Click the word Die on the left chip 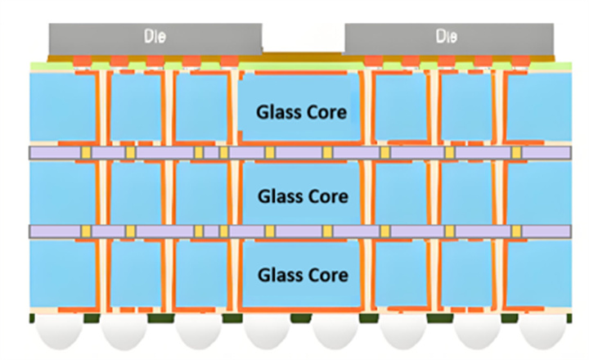pyautogui.click(x=155, y=37)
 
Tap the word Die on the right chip pyautogui.click(x=447, y=37)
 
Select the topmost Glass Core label pyautogui.click(x=302, y=112)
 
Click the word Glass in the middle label pyautogui.click(x=278, y=196)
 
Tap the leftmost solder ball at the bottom pyautogui.click(x=56, y=332)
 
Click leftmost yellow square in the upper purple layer pyautogui.click(x=85, y=153)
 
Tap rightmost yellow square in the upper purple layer pyautogui.click(x=516, y=153)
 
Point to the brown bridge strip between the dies pyautogui.click(x=303, y=56)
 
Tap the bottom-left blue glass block pyautogui.click(x=61, y=274)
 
